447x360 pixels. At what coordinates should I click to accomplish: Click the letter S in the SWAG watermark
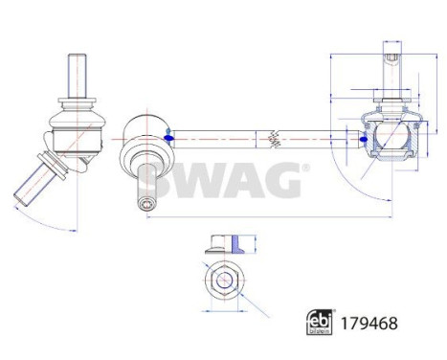[x=160, y=178]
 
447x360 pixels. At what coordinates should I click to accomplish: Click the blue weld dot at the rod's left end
[x=168, y=137]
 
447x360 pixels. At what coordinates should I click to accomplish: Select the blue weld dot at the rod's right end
[x=363, y=138]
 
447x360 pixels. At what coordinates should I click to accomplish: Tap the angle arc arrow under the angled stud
[x=48, y=222]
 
